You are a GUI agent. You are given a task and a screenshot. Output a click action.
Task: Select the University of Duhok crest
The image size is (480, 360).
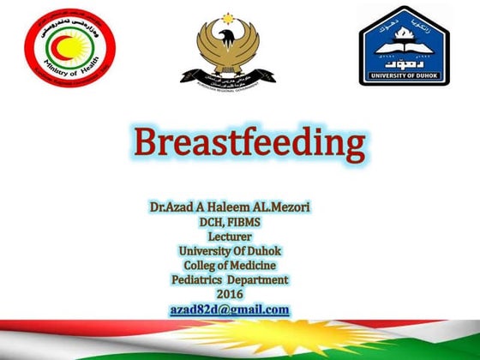point(403,45)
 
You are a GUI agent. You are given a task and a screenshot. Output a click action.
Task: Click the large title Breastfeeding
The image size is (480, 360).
point(240,145)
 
